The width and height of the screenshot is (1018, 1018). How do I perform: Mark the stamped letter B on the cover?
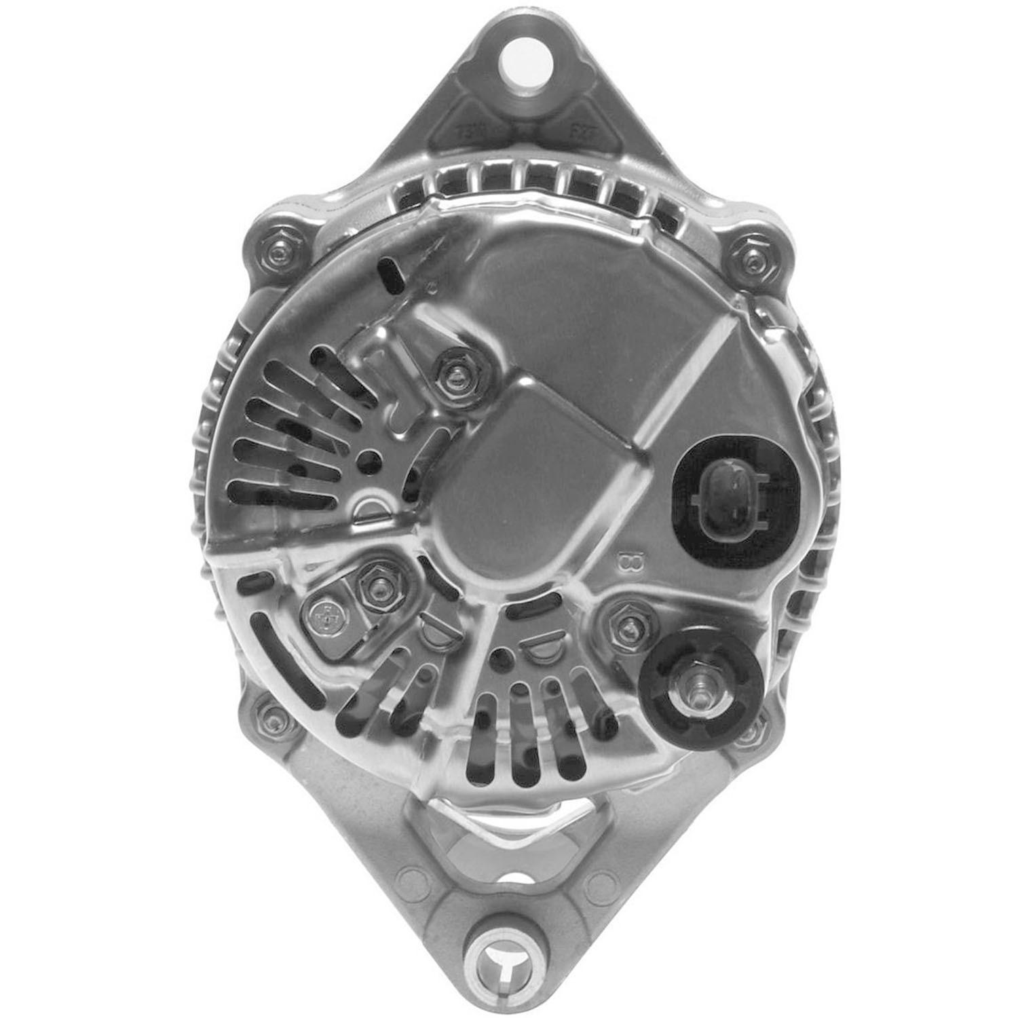[x=625, y=563]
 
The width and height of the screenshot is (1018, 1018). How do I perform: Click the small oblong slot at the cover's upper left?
[x=393, y=274]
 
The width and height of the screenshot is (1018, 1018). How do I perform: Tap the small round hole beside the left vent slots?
[x=370, y=460]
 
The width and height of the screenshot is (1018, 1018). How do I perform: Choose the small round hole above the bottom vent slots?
[x=502, y=656]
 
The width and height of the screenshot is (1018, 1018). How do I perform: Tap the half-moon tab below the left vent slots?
[x=377, y=507]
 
